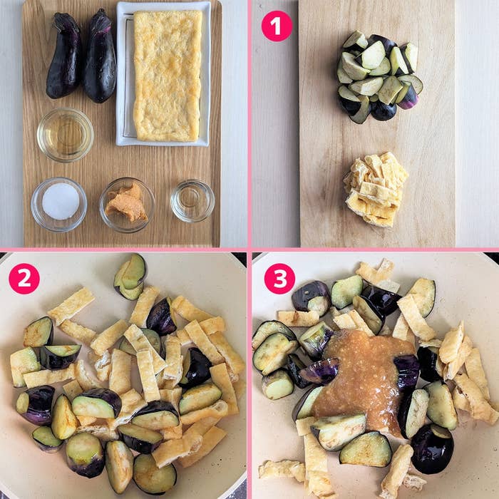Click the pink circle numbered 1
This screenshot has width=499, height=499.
[x=277, y=26]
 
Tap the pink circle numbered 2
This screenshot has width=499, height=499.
[x=24, y=279]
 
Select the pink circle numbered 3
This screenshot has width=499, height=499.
[x=280, y=279]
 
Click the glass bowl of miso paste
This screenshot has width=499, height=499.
[x=127, y=205]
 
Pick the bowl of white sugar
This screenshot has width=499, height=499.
[x=59, y=205]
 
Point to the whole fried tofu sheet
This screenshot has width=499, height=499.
[x=168, y=76]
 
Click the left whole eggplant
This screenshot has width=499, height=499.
[x=65, y=56]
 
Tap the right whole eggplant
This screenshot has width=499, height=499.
[x=101, y=56]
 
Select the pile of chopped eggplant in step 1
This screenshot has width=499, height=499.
[x=379, y=76]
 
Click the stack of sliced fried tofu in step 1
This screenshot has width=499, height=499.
[x=376, y=190]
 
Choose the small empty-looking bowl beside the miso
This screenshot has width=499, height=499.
[x=192, y=201]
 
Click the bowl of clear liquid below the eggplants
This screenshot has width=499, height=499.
[x=66, y=135]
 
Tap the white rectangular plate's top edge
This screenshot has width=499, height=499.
[x=163, y=4]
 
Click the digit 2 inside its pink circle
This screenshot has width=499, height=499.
[x=24, y=279]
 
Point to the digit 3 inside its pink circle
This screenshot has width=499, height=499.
[x=280, y=279]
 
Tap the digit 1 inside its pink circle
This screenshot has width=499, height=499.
[x=277, y=26]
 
